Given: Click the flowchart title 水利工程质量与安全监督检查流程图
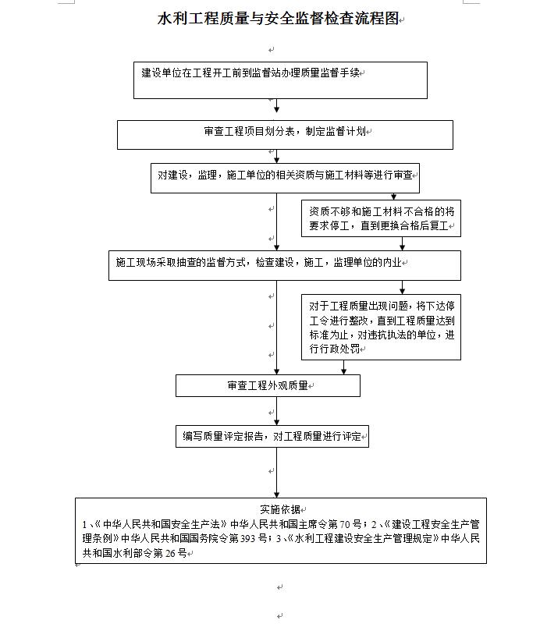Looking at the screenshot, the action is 278,19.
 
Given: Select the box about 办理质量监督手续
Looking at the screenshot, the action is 280,80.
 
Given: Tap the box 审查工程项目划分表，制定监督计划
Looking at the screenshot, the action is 285,135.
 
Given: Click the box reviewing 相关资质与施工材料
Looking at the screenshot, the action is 285,178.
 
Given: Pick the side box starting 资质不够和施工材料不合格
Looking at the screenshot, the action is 381,218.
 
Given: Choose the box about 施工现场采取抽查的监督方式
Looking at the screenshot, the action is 285,265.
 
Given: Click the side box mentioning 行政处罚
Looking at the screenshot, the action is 381,327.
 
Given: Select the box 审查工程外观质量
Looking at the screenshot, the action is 268,385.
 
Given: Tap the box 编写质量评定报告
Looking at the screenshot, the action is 272,436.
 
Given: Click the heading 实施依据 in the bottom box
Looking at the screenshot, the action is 280,509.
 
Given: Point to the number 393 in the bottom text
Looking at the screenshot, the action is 247,538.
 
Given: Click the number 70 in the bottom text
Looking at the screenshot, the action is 345,524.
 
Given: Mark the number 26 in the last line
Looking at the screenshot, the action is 171,553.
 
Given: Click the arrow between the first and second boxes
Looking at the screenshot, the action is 276,105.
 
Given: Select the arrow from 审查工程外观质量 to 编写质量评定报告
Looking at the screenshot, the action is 276,411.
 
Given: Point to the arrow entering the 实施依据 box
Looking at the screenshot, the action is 276,473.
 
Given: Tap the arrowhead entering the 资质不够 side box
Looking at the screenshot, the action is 393,197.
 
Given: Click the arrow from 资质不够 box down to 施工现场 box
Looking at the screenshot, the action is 403,243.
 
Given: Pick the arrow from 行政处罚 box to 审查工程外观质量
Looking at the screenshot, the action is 343,367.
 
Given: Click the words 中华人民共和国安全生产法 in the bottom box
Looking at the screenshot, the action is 162,524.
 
